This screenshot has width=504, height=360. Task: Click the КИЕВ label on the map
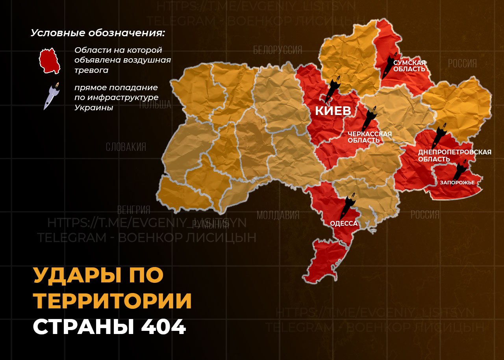pos(333,111)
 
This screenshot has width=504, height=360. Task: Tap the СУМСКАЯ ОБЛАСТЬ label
pos(409,66)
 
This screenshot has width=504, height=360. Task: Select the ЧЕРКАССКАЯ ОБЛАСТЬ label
pos(369,137)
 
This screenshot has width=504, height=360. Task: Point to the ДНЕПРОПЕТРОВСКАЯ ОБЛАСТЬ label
pos(455,156)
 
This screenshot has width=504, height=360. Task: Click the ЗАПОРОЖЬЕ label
pos(457,183)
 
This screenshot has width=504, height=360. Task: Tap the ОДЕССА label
pos(344,224)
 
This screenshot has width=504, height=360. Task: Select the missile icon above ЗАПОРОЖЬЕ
pos(460,170)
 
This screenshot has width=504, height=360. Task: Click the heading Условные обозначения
pos(98,33)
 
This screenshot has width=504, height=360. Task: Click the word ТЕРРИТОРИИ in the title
pos(113,301)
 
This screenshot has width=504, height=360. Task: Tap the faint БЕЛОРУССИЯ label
pos(278,50)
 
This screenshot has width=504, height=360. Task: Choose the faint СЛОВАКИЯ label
pos(126,147)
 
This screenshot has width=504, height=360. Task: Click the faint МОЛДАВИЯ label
pos(278,215)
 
